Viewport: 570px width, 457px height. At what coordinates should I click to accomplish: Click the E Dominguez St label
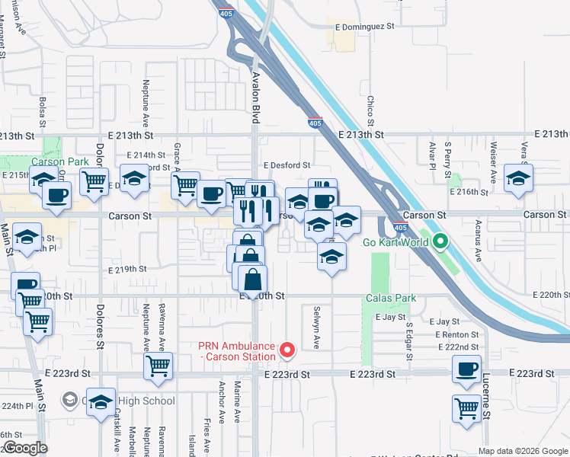[365, 25]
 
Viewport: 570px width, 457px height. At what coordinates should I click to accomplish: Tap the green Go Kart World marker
[440, 243]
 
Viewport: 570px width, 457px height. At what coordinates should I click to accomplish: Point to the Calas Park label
[391, 298]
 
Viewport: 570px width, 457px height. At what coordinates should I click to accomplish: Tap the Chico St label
[370, 111]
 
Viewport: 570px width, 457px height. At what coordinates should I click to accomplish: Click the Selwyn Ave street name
[315, 328]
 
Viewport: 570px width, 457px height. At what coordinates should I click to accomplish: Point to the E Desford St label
[287, 165]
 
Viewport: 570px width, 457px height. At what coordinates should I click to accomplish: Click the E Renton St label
[457, 334]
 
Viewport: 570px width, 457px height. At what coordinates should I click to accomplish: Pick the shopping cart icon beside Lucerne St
[466, 407]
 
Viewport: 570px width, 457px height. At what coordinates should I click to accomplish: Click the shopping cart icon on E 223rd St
[158, 365]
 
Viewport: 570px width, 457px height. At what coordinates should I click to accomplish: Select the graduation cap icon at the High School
[101, 401]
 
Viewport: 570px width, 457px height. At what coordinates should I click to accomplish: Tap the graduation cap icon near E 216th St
[518, 179]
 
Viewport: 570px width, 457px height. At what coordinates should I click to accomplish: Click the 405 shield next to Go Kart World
[401, 227]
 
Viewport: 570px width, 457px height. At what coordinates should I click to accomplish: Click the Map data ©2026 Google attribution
[522, 451]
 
